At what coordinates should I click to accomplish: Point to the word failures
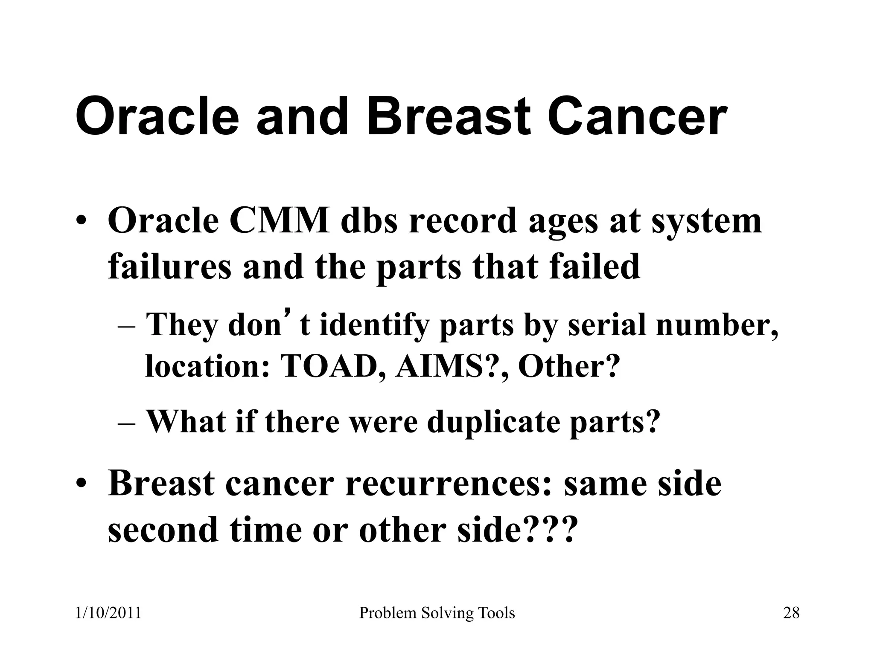click(169, 267)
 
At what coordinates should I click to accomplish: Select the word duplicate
click(493, 421)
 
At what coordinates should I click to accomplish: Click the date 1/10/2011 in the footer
click(108, 613)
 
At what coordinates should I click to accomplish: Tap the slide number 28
click(791, 613)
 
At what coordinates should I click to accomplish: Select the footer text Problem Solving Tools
click(437, 613)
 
